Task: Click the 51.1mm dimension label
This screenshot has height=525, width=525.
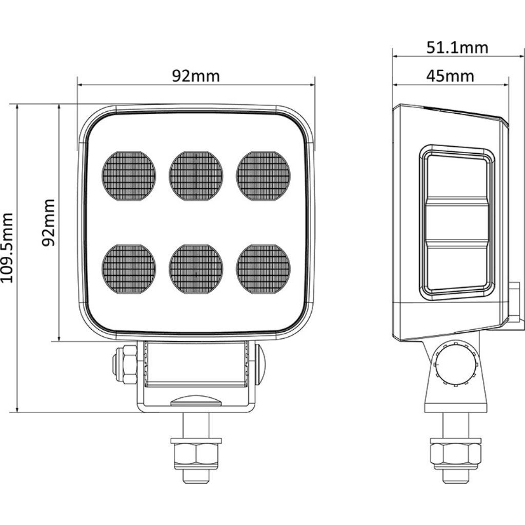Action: (457, 48)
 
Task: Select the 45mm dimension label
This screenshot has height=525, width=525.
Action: (450, 76)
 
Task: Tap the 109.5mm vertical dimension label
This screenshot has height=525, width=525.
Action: (8, 248)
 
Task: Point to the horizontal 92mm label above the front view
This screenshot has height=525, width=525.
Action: (196, 76)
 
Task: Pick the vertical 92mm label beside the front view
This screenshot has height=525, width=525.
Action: (49, 223)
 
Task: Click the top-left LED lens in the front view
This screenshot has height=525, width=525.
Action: (129, 176)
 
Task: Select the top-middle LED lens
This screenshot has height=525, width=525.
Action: (196, 176)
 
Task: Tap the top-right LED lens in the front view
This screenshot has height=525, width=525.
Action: (264, 176)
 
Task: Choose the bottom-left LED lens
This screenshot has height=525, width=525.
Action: (129, 269)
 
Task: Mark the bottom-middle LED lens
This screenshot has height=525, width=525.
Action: (196, 269)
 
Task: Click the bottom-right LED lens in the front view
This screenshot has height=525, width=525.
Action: (264, 269)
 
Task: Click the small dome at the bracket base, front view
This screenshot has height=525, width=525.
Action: (196, 401)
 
